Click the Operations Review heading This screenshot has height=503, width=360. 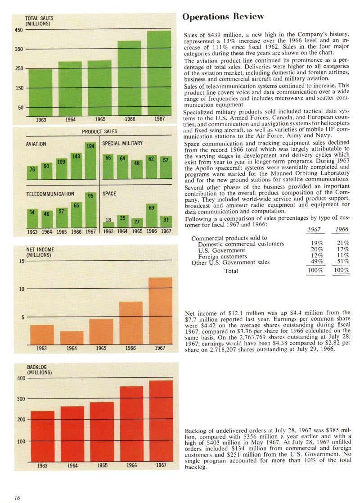click(223, 17)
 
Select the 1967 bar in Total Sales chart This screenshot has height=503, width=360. click(159, 72)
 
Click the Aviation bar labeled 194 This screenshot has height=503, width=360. click(90, 160)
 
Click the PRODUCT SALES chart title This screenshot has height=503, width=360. click(99, 131)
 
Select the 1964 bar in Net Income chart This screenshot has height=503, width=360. click(72, 338)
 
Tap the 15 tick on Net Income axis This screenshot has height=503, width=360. click(21, 260)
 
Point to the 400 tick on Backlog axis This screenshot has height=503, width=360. click(21, 378)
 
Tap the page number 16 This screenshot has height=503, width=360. click(17, 497)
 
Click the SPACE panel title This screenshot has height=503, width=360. click(109, 194)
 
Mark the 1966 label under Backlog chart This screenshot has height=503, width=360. click(131, 465)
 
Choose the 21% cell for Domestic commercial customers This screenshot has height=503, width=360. click(342, 244)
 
